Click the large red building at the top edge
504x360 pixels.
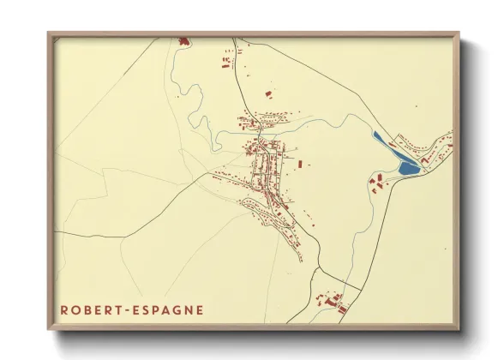[x=183, y=40]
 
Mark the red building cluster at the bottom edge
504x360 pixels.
[x=331, y=303]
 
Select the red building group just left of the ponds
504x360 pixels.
[x=376, y=179]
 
